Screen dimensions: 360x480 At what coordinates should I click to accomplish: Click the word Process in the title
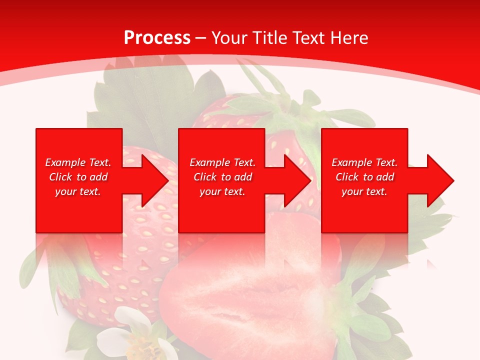157,38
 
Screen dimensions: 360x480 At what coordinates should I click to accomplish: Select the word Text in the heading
307,38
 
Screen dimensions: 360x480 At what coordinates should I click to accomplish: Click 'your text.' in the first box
78,192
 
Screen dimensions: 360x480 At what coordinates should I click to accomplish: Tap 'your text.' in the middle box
222,192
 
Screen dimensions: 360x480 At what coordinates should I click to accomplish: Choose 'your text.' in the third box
364,192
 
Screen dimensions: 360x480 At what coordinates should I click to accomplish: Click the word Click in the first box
60,177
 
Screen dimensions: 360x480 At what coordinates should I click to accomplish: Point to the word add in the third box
385,177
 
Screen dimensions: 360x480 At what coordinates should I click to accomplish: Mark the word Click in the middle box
205,177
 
